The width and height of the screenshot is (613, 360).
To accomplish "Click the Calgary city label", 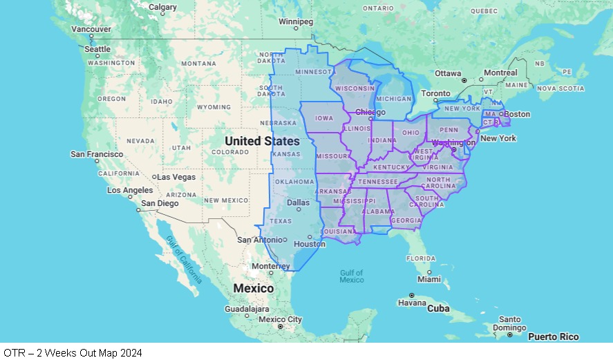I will click(x=163, y=8).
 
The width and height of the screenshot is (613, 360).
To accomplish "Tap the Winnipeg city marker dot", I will click(x=296, y=28).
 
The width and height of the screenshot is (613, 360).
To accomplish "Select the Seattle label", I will click(x=97, y=49).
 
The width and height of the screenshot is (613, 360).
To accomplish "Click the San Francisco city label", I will click(x=97, y=153).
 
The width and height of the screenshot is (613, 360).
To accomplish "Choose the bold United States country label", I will click(x=263, y=141).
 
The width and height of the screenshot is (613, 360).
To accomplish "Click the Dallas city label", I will click(x=299, y=202).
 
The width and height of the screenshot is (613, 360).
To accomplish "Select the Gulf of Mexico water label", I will click(x=352, y=276).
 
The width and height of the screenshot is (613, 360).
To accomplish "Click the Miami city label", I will click(x=428, y=279).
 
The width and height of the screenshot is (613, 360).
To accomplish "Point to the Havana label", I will click(x=411, y=303).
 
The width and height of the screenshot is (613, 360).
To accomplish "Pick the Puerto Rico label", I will click(x=553, y=337).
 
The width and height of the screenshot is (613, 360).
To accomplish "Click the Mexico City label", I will click(x=280, y=319).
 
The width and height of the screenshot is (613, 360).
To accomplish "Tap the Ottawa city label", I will click(x=448, y=73).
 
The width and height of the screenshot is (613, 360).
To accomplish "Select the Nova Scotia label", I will click(x=560, y=88).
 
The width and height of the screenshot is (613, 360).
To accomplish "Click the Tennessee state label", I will click(x=377, y=181).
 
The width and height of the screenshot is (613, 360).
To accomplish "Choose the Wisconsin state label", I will click(x=355, y=88).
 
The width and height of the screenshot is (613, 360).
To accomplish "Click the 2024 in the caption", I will click(x=131, y=353).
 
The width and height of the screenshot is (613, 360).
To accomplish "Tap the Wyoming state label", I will click(x=214, y=107).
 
